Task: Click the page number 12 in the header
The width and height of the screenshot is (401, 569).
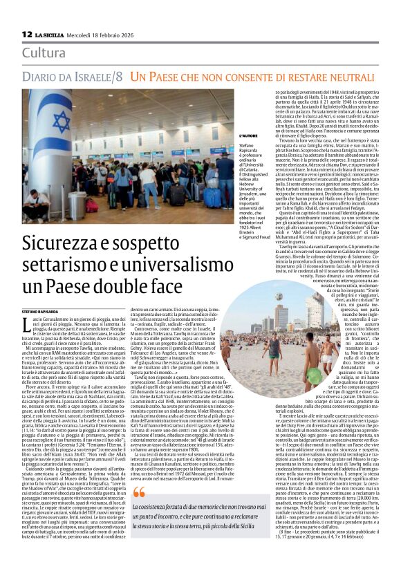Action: coord(27,33)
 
